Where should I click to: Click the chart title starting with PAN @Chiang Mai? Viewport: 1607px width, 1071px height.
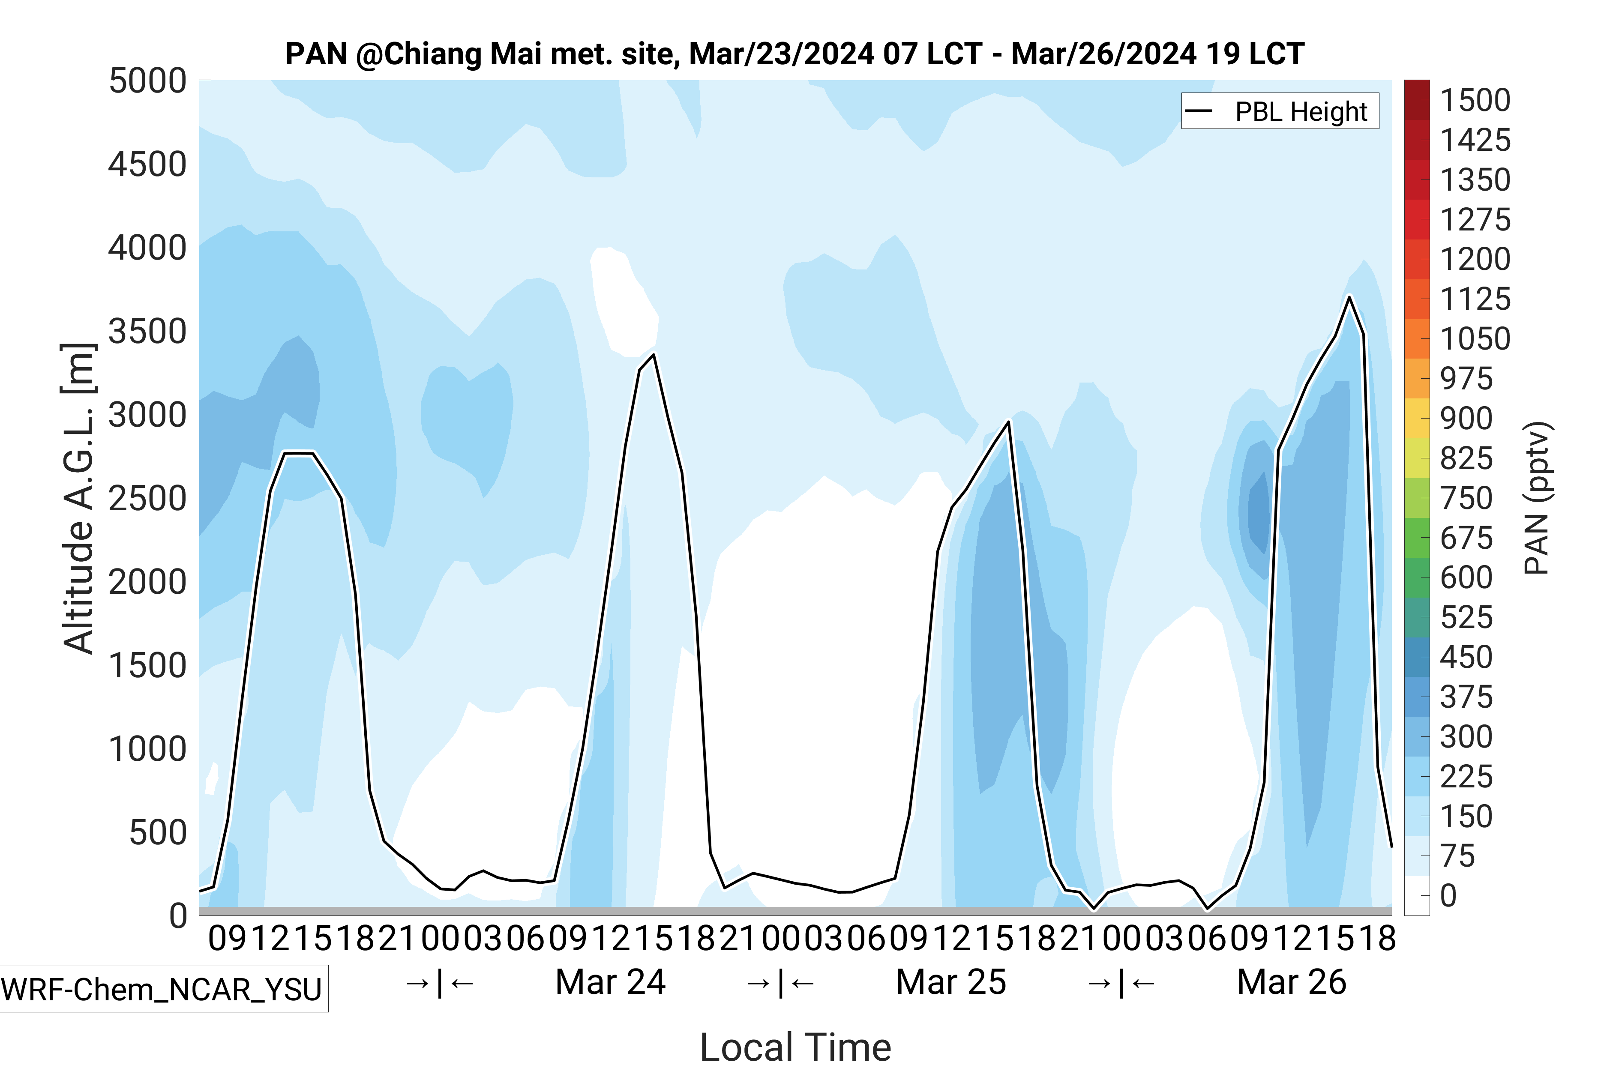click(794, 54)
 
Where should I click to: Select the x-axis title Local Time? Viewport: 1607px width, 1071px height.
click(795, 1047)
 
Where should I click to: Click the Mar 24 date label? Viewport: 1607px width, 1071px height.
click(610, 982)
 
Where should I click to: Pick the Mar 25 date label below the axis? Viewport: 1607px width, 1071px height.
click(950, 982)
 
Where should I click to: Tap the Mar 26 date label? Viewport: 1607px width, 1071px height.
click(1291, 982)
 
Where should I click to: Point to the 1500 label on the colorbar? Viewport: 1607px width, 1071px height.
click(1475, 100)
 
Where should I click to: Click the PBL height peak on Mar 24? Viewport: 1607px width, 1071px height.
click(654, 354)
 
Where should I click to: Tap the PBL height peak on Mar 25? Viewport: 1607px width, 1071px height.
click(1008, 422)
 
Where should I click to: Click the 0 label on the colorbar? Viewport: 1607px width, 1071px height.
click(1448, 895)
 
